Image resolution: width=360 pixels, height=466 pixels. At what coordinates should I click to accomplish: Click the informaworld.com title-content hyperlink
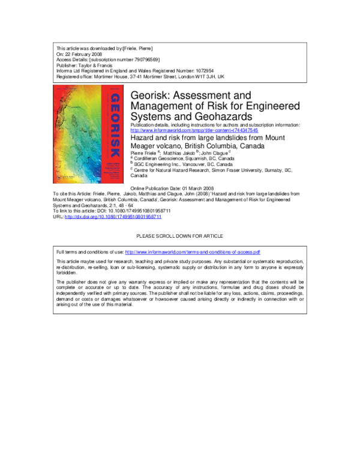click(194, 130)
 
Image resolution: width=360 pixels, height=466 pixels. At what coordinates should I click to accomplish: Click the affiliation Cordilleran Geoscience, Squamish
click(183, 158)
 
